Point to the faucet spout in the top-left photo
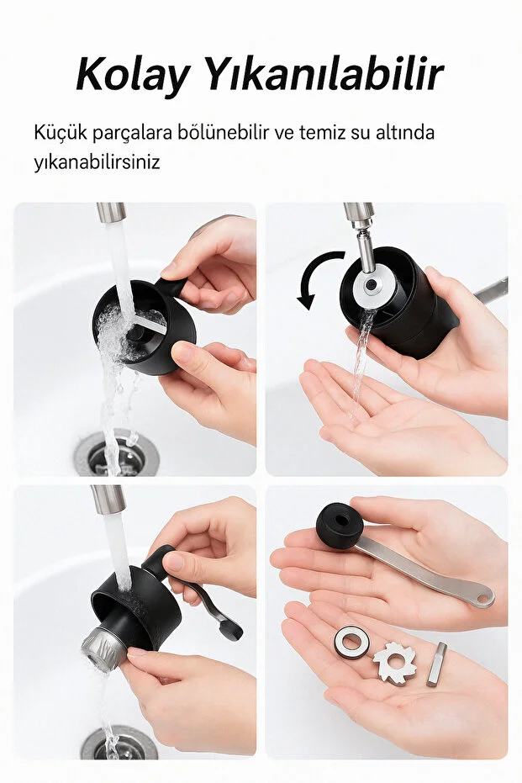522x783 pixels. [110, 212]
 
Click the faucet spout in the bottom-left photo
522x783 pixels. [108, 500]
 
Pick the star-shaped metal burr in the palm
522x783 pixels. [394, 660]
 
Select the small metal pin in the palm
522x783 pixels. [436, 664]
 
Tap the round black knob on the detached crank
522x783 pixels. [339, 525]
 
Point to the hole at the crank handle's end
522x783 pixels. [483, 599]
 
